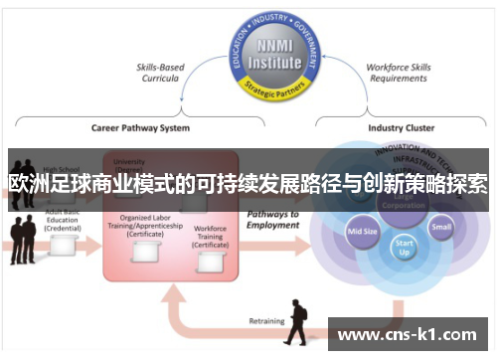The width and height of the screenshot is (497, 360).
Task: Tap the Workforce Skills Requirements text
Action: point(397,74)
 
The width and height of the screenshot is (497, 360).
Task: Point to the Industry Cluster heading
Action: point(400,128)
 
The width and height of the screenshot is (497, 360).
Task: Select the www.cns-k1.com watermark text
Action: point(409,335)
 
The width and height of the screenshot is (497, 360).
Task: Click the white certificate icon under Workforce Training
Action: point(211,262)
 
